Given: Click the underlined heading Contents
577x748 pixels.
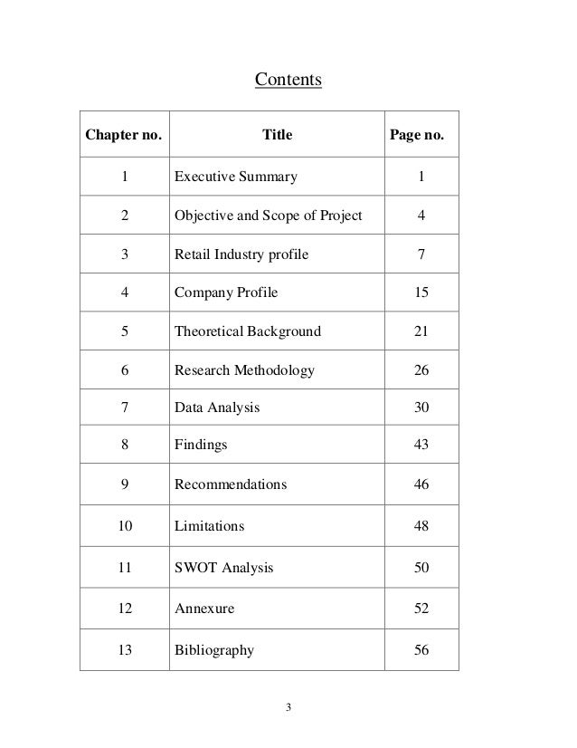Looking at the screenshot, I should pyautogui.click(x=288, y=82).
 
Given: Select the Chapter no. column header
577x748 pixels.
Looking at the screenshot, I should pyautogui.click(x=124, y=136).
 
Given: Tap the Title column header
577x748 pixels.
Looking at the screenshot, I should pyautogui.click(x=277, y=136).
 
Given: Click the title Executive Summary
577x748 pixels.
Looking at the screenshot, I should pyautogui.click(x=235, y=177).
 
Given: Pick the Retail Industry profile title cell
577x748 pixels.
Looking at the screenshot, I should pyautogui.click(x=241, y=254).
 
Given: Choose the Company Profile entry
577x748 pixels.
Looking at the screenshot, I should pyautogui.click(x=226, y=292).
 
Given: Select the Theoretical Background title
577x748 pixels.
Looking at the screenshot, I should pyautogui.click(x=247, y=331).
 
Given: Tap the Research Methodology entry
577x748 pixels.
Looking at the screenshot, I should pyautogui.click(x=244, y=369).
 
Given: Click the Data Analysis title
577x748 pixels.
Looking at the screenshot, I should pyautogui.click(x=216, y=408).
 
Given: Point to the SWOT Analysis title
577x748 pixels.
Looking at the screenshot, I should pyautogui.click(x=223, y=569).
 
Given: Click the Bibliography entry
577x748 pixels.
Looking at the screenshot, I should pyautogui.click(x=213, y=649).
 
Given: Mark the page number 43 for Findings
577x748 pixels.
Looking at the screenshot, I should pyautogui.click(x=421, y=445).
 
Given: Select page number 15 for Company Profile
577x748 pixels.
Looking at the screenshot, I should pyautogui.click(x=421, y=292).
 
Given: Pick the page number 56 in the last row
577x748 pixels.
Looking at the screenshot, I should pyautogui.click(x=421, y=649).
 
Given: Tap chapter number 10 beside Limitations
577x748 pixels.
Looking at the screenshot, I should pyautogui.click(x=124, y=525).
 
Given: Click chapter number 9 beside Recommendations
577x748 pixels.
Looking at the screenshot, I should pyautogui.click(x=124, y=484).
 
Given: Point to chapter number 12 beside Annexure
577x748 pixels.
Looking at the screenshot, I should pyautogui.click(x=124, y=609).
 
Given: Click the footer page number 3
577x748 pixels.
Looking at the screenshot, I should pyautogui.click(x=288, y=706).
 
